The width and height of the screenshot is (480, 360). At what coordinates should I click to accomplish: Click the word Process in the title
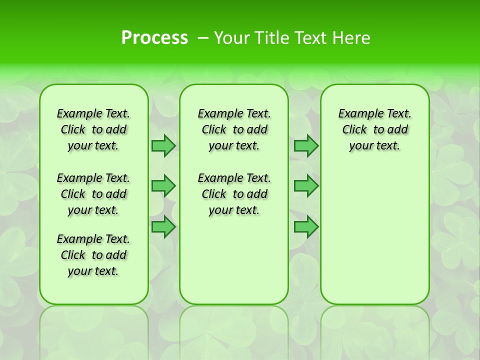coord(154,37)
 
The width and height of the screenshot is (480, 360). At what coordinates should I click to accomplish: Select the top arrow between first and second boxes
coord(163,146)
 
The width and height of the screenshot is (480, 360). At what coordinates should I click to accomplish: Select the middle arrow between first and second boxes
coord(163,186)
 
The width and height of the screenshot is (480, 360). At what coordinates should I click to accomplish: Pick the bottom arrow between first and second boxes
coord(163,227)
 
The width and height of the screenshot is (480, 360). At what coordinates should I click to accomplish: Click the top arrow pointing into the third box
coord(306,146)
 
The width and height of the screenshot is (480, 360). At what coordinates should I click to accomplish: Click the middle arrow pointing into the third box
coord(306,186)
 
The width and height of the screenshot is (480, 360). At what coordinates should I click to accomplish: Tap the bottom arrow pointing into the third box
coord(306,227)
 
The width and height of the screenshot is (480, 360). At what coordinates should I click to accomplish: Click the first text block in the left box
coord(93,129)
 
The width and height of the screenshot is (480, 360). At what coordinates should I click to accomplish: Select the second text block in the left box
coord(93,194)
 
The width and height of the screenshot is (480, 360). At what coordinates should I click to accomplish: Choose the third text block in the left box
coord(93,255)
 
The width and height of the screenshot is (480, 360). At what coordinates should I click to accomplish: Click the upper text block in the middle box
coord(234,129)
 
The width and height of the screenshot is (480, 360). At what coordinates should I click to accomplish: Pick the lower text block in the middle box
coord(234,194)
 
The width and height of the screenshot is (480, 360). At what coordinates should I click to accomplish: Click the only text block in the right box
coord(374,129)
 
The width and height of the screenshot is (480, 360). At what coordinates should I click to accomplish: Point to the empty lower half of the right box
coord(374,240)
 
